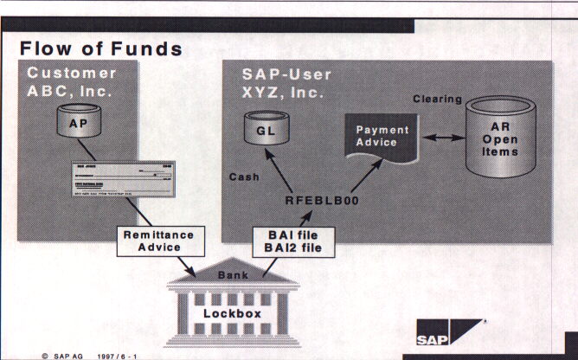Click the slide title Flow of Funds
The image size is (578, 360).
click(x=101, y=48)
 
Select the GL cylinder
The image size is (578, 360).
click(x=264, y=132)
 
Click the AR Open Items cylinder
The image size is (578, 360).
click(x=501, y=138)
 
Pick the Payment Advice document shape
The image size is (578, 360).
click(x=377, y=135)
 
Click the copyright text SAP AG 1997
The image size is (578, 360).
click(x=90, y=355)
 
